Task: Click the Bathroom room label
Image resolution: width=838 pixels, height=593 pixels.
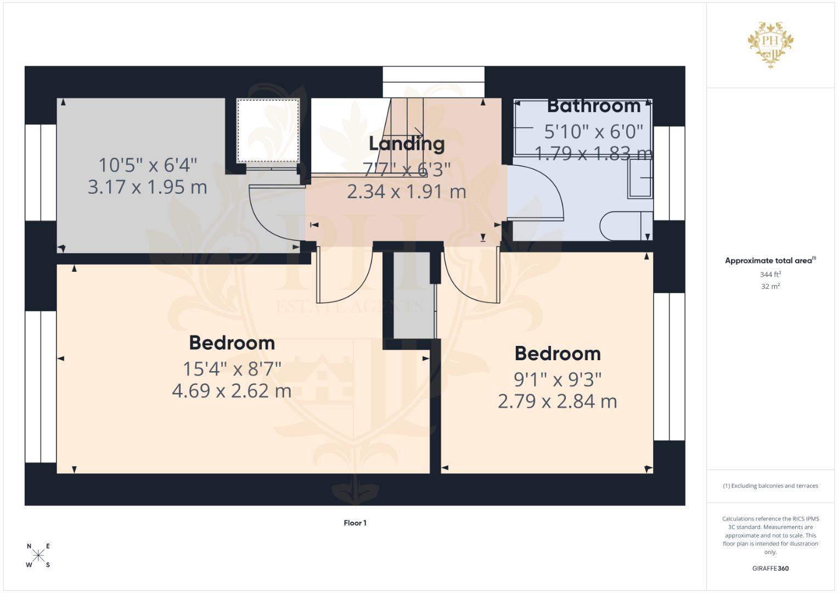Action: pos(594,105)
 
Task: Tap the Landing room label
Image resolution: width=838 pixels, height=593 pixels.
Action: pos(407,144)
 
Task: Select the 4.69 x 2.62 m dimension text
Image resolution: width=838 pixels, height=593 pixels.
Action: pos(232,391)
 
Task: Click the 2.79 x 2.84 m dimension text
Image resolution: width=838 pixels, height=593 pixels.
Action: pos(557,401)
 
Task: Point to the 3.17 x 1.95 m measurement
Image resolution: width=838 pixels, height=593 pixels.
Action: pos(147,187)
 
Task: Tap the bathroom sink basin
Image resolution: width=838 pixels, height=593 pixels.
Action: pos(640,178)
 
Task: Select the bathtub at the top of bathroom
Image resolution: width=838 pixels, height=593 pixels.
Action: pos(583,127)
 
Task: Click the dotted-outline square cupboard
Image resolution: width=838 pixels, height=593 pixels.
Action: pos(268,130)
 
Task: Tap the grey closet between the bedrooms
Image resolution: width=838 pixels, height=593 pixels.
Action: pos(413,295)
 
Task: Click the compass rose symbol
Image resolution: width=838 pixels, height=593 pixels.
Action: pos(38,555)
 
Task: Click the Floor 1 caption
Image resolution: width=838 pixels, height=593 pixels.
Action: pos(355,523)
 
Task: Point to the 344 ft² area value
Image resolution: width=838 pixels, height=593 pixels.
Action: pos(770,274)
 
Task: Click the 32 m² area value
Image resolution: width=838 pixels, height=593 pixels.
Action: pos(770,286)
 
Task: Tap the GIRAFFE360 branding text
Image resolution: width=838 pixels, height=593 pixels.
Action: pos(770,568)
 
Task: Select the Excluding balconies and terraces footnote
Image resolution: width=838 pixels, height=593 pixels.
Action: pos(770,486)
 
